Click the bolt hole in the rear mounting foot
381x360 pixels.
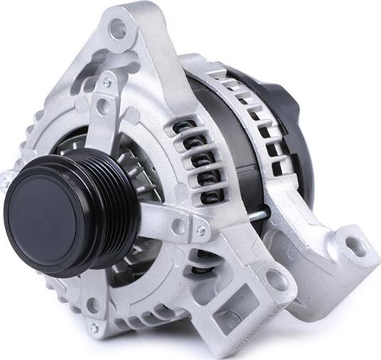coord(355,247)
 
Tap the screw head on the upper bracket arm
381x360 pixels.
coord(108,83)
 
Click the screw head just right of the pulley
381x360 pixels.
coord(200,230)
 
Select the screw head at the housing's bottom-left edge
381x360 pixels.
coord(94,328)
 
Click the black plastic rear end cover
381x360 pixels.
coord(289,107)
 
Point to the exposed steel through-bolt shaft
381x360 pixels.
coord(261,212)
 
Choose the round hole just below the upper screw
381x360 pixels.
coord(103,108)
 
